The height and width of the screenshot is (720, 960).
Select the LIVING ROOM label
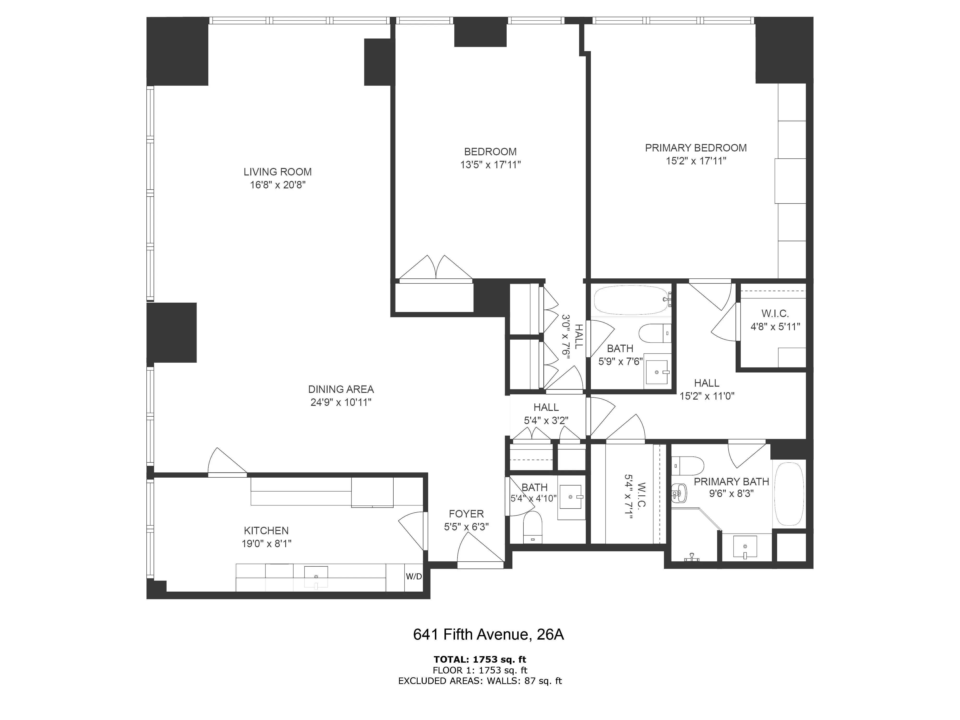[x=277, y=172]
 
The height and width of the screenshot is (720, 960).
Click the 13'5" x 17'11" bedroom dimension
[x=490, y=165]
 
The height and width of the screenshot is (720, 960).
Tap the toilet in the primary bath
[x=688, y=466]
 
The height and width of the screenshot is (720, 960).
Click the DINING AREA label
[x=341, y=389]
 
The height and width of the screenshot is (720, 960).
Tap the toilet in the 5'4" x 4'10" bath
[x=533, y=527]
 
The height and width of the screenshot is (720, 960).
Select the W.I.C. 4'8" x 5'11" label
[x=775, y=320]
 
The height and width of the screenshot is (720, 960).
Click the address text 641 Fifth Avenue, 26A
[x=488, y=635]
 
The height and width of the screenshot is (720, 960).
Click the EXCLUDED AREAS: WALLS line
[x=480, y=681]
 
